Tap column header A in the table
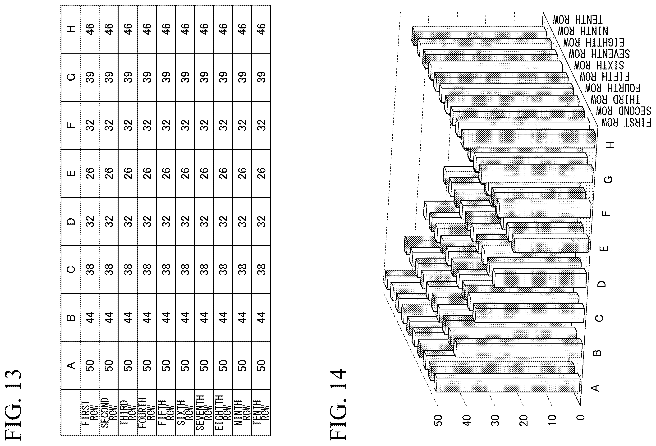click(x=71, y=365)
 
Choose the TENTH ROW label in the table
click(x=261, y=412)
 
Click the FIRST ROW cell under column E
click(x=90, y=173)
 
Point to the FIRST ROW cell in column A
click(x=90, y=365)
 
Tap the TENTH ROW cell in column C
click(x=261, y=269)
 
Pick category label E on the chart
click(x=604, y=248)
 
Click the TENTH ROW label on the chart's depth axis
click(x=578, y=20)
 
